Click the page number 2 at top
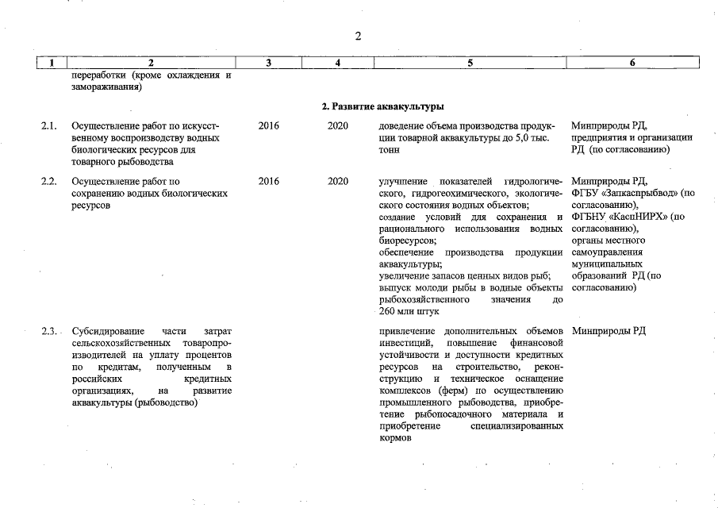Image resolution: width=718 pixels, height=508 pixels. pyautogui.click(x=358, y=37)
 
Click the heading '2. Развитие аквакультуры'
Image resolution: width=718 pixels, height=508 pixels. pyautogui.click(x=382, y=106)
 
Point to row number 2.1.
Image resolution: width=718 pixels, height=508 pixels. pyautogui.click(x=49, y=126)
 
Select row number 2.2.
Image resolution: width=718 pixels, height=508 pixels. pyautogui.click(x=49, y=182)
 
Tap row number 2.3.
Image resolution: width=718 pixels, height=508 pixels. pyautogui.click(x=50, y=331)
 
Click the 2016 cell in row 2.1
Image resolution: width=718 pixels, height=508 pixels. pyautogui.click(x=269, y=126)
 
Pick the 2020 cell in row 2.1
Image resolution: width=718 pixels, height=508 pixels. pyautogui.click(x=338, y=126)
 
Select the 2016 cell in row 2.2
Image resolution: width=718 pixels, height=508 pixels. pyautogui.click(x=269, y=182)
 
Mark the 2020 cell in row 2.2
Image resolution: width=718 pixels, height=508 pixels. pyautogui.click(x=338, y=182)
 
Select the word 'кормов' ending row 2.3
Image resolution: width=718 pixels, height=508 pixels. pyautogui.click(x=396, y=438)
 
